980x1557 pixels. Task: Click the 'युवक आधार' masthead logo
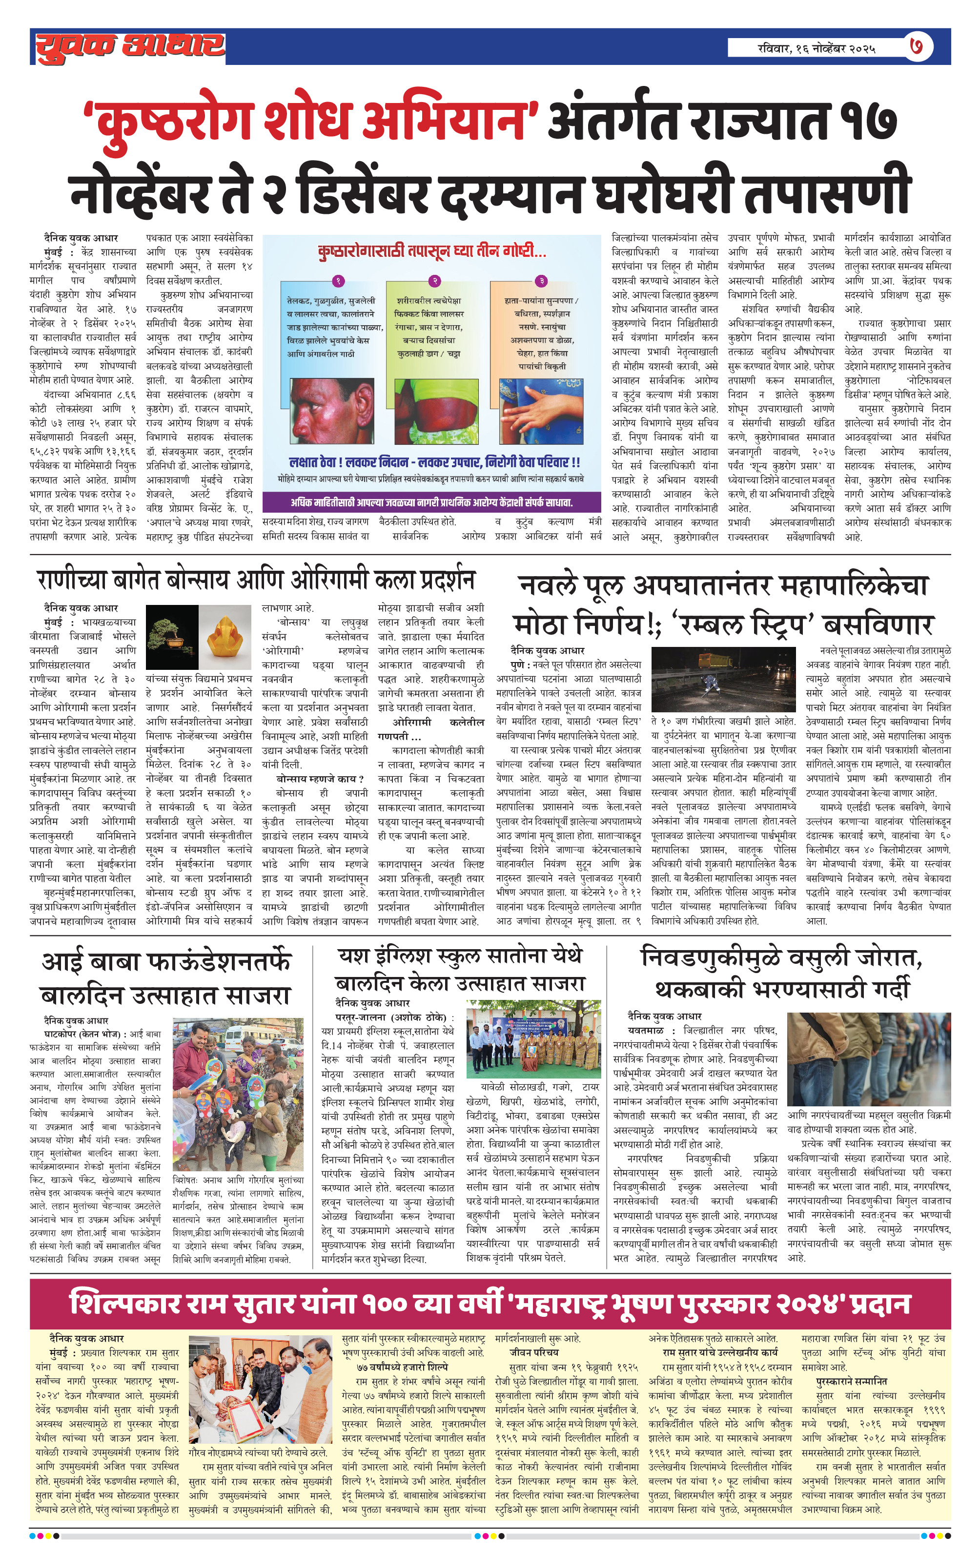click(129, 46)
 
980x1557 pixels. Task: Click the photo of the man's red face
click(331, 409)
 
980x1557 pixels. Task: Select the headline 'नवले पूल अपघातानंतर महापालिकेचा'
click(723, 586)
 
